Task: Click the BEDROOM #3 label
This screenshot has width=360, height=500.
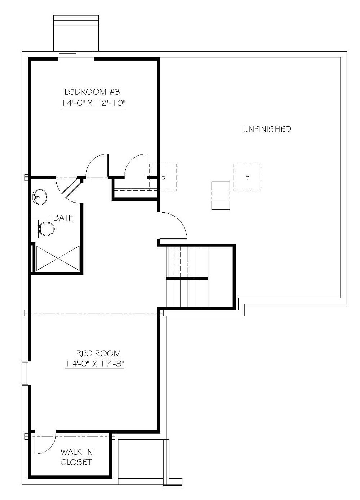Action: pyautogui.click(x=92, y=92)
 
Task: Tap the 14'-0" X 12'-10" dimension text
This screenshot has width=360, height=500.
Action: pyautogui.click(x=93, y=103)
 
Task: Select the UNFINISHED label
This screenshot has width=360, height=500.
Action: pyautogui.click(x=267, y=129)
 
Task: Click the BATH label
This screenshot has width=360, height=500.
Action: pyautogui.click(x=64, y=218)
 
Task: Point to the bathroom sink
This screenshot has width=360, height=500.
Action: pyautogui.click(x=39, y=197)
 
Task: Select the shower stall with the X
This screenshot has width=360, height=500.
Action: pyautogui.click(x=58, y=258)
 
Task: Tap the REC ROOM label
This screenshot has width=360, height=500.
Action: pyautogui.click(x=99, y=353)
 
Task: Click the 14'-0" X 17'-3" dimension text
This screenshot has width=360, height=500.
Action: pyautogui.click(x=95, y=364)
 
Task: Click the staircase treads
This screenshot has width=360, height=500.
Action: pyautogui.click(x=187, y=277)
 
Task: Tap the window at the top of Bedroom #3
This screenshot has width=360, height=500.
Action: pyautogui.click(x=76, y=55)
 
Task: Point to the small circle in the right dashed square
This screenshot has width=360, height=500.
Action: pyautogui.click(x=247, y=178)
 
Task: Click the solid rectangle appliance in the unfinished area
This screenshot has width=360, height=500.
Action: pyautogui.click(x=221, y=196)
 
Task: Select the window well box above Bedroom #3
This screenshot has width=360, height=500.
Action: pyautogui.click(x=76, y=33)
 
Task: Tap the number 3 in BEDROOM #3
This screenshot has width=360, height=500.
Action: pyautogui.click(x=117, y=92)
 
